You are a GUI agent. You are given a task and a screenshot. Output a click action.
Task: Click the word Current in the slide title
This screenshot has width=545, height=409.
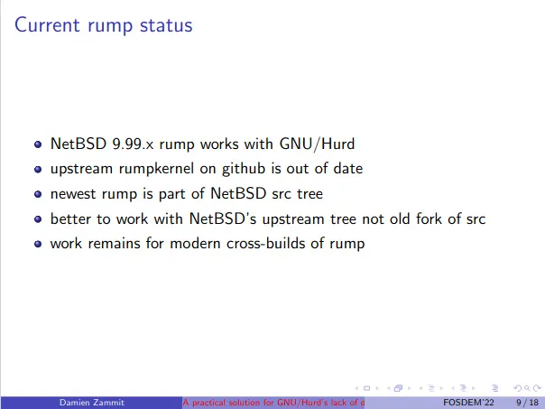[47, 25]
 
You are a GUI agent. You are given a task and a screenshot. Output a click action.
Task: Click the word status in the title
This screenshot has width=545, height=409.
[166, 25]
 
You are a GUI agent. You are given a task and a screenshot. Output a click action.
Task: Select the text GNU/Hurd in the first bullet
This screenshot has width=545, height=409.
[317, 144]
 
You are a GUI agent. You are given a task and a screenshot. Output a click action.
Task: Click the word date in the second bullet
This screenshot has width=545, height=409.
[348, 169]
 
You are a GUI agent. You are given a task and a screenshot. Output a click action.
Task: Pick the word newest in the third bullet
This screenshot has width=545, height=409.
[73, 194]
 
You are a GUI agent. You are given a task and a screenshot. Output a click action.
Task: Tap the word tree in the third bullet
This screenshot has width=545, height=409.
[309, 194]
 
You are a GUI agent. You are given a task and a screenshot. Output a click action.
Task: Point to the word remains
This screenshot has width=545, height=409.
[114, 244]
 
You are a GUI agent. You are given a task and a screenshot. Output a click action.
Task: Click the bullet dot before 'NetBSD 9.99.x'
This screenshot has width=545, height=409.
[38, 144]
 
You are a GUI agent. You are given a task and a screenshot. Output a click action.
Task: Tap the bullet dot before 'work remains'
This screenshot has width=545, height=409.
[38, 244]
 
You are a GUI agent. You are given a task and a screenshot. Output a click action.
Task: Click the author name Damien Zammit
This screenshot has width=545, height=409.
[92, 403]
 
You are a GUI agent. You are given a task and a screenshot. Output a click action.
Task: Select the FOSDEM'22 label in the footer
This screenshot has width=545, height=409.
[468, 403]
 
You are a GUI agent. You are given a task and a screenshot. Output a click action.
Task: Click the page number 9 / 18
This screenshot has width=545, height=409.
[527, 403]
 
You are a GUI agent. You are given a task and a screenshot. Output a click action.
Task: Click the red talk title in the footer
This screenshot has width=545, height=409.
[273, 403]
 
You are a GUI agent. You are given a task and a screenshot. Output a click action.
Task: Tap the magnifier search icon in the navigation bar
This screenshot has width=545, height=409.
[527, 388]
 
